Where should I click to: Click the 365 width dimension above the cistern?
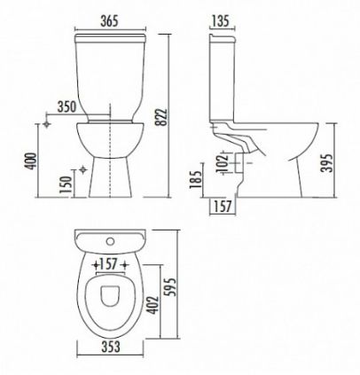click(x=109, y=21)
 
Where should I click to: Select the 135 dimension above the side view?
click(x=221, y=21)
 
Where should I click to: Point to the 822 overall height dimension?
click(x=161, y=117)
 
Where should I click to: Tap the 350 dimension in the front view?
click(x=67, y=107)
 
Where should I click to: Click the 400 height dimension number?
click(x=30, y=161)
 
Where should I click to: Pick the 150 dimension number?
click(x=66, y=184)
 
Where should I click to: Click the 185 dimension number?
click(x=196, y=179)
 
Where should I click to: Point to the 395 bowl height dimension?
click(x=327, y=163)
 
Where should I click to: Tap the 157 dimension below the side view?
click(x=223, y=206)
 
